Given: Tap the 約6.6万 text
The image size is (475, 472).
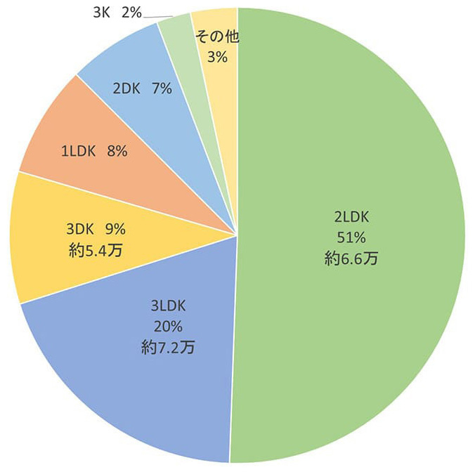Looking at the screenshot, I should (351, 258).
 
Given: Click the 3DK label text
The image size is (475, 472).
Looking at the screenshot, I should (81, 228).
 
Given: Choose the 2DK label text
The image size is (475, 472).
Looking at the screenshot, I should (127, 89).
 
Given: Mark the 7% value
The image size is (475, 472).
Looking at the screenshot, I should (162, 89).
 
